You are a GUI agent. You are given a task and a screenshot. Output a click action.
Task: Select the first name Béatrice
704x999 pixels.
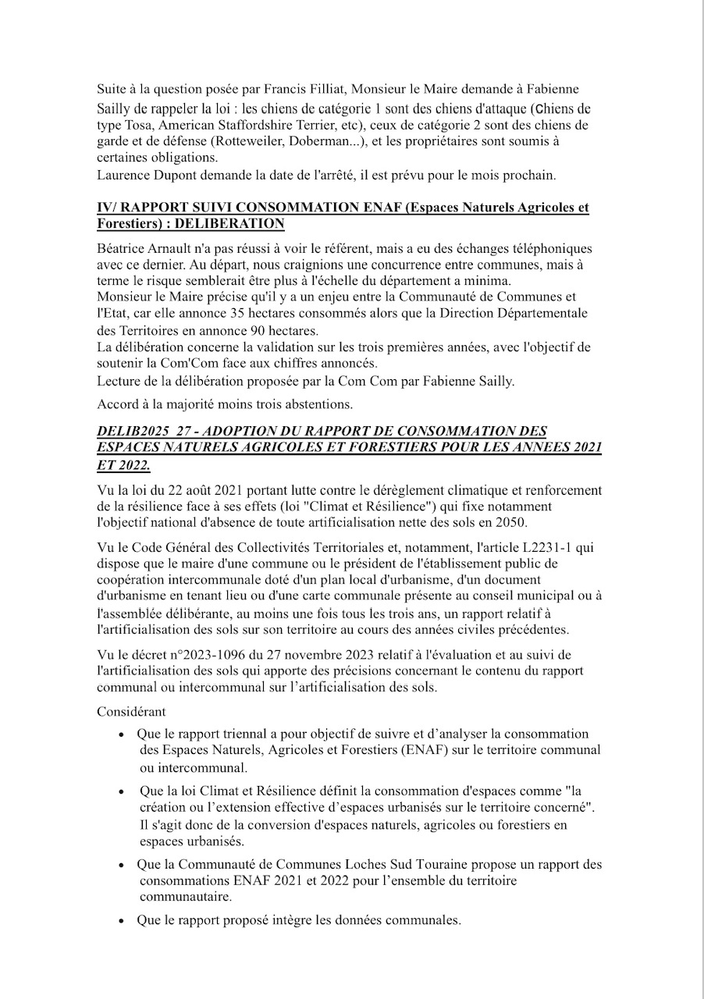coord(121,249)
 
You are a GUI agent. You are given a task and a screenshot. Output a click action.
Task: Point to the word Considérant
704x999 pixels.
coord(131,712)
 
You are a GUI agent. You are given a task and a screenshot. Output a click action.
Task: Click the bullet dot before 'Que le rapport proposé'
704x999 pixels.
coord(121,921)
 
